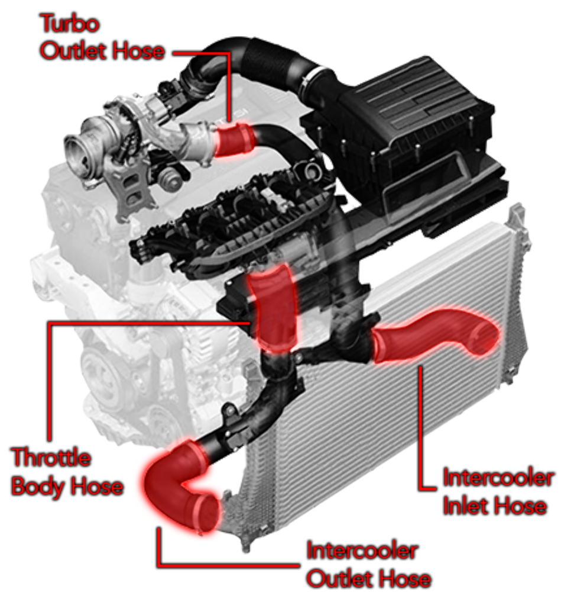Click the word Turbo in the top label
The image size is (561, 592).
(x=69, y=24)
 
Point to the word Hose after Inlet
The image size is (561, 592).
(x=520, y=507)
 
